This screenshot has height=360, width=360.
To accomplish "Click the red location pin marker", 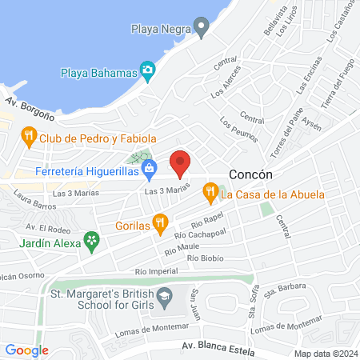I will [181, 163].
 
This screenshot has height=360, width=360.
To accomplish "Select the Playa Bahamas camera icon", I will [149, 72].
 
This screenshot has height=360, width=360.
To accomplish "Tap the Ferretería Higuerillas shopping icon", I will [150, 170].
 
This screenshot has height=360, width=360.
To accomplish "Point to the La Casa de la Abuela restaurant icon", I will [210, 192].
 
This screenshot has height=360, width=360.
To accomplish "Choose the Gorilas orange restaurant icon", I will [161, 222].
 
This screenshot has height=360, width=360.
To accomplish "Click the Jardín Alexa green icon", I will [93, 238].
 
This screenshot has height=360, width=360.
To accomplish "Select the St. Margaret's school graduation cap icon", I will [164, 297].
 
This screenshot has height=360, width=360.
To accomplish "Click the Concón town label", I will [251, 174].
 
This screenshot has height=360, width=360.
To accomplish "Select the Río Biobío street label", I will [205, 258].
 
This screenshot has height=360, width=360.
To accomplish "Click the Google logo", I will [27, 350].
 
